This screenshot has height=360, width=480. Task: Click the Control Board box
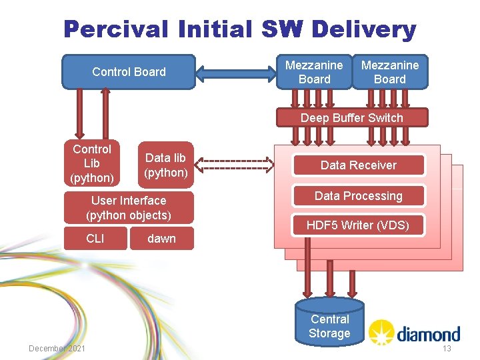pyautogui.click(x=128, y=71)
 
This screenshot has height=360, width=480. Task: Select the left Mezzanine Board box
pyautogui.click(x=314, y=72)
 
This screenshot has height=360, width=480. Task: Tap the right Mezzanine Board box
pyautogui.click(x=390, y=72)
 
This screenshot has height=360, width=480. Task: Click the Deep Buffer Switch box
pyautogui.click(x=351, y=118)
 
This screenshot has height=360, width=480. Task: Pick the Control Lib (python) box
pyautogui.click(x=92, y=163)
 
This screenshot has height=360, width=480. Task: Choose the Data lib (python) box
pyautogui.click(x=166, y=165)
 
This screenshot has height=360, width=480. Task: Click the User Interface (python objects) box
pyautogui.click(x=129, y=207)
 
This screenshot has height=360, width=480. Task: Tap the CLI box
pyautogui.click(x=95, y=238)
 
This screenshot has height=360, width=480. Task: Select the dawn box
pyautogui.click(x=162, y=238)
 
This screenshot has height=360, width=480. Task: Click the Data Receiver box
pyautogui.click(x=359, y=165)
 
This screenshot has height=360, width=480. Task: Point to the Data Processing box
pyautogui.click(x=359, y=196)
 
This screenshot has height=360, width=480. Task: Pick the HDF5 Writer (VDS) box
pyautogui.click(x=358, y=225)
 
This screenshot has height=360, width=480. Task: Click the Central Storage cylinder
pyautogui.click(x=329, y=323)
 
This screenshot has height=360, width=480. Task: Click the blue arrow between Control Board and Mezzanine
pyautogui.click(x=235, y=71)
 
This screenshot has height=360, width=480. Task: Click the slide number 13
pyautogui.click(x=447, y=349)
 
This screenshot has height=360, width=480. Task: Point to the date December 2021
pyautogui.click(x=57, y=349)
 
